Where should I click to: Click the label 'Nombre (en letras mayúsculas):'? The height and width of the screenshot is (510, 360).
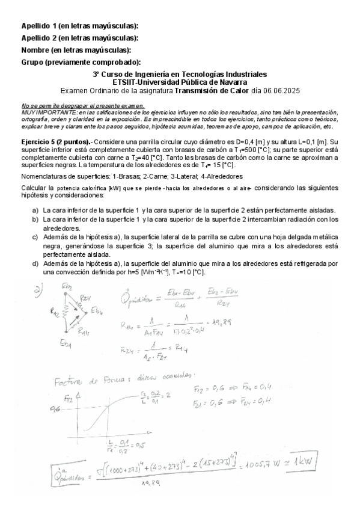coord(76,50)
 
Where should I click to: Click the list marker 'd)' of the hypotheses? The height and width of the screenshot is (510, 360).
coord(35,263)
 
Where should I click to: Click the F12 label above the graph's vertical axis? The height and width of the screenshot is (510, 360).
coord(69,398)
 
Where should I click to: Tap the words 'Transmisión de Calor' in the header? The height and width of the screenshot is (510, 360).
coord(213,90)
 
